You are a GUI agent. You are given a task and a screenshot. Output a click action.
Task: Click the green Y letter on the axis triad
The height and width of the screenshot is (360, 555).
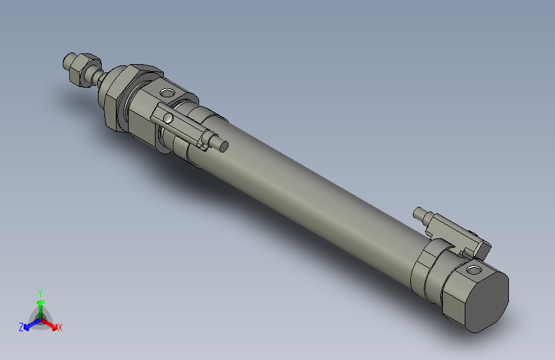coord(40,291)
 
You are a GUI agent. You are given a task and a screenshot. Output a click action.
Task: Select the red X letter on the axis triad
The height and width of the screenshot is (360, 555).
coord(60,327)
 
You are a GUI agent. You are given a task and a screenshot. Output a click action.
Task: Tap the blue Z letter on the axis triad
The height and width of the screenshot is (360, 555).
coord(21,327)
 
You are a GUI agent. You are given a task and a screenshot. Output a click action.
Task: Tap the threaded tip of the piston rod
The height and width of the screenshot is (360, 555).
coord(68,63)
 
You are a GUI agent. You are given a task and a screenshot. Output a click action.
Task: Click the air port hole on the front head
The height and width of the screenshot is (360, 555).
coord(168,94)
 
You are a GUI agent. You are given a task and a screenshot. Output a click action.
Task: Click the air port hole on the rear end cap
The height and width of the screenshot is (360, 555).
coord(473,270)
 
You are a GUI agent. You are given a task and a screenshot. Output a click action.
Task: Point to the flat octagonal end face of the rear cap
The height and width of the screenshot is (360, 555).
coord(487,301)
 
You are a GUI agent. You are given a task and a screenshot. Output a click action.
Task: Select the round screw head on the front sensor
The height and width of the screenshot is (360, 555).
coord(168,119)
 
